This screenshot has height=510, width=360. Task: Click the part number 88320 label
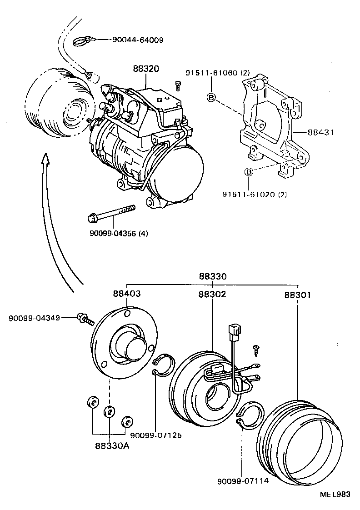[146, 69]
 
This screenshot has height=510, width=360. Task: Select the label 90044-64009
[138, 40]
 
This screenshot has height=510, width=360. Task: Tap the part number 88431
[321, 133]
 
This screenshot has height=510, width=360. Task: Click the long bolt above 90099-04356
[111, 214]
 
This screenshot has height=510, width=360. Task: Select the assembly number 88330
[212, 276]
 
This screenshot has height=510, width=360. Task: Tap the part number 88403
[127, 294]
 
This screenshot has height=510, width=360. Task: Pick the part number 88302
[212, 294]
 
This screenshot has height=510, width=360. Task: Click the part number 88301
[298, 295]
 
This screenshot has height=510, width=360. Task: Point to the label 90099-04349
[34, 317]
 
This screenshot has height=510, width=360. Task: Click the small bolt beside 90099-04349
[85, 319]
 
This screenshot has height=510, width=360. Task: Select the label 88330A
[112, 445]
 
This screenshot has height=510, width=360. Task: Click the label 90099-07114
[243, 481]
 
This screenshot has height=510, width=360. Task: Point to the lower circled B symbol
[249, 172]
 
